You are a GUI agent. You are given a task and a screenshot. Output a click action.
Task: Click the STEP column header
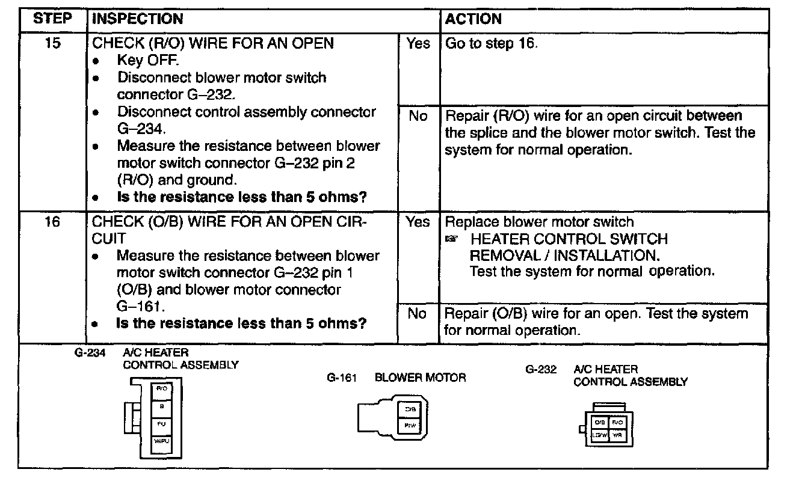tap(52, 19)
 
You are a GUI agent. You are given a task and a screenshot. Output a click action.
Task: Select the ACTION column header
tap(474, 19)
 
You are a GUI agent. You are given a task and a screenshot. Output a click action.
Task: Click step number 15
tap(54, 44)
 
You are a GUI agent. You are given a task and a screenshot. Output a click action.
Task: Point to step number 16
tap(54, 222)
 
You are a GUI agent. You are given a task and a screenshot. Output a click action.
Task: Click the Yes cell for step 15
tap(418, 44)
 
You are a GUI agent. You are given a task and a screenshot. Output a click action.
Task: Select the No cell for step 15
tap(418, 116)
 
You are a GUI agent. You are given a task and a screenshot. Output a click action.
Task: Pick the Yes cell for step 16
tap(418, 222)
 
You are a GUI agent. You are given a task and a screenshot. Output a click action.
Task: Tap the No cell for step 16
tap(418, 314)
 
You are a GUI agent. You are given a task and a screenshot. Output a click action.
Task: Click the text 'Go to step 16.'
tap(490, 44)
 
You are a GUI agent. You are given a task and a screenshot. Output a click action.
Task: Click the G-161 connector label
tap(342, 378)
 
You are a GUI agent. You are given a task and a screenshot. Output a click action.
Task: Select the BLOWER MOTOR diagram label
tap(420, 378)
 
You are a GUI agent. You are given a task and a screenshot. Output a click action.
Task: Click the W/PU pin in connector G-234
tap(162, 441)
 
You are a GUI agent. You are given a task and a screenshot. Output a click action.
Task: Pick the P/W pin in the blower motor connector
tap(411, 425)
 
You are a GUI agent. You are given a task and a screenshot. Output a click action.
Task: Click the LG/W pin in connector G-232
tap(600, 434)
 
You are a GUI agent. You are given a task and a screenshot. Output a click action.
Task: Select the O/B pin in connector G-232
tap(600, 423)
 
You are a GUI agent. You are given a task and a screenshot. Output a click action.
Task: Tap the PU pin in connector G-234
tap(162, 423)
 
